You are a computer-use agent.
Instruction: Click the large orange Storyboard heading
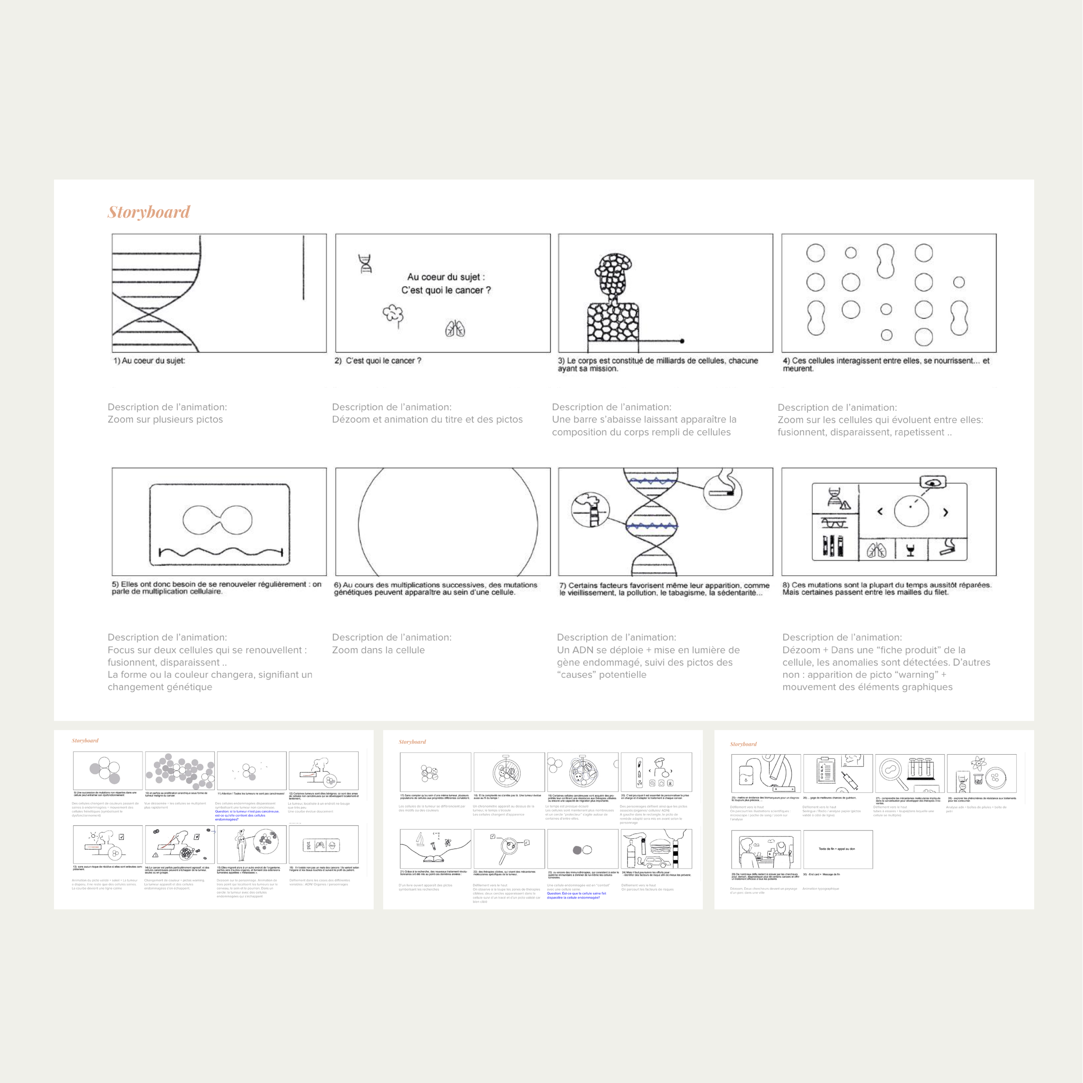[x=149, y=212]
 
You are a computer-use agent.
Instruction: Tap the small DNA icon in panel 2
[x=366, y=263]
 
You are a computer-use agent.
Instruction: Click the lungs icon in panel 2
[x=455, y=329]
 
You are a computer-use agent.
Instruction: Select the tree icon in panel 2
[x=393, y=315]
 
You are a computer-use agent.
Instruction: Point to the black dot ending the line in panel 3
[x=681, y=341]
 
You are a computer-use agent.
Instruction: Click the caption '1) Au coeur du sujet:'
[x=149, y=360]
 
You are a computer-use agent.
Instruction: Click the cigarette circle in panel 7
[x=723, y=491]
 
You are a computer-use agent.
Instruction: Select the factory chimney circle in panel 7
[x=590, y=509]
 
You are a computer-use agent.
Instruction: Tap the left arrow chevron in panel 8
[x=879, y=511]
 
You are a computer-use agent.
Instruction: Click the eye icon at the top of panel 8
[x=933, y=482]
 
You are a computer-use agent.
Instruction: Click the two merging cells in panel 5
[x=217, y=520]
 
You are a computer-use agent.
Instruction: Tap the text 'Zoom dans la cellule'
[x=378, y=650]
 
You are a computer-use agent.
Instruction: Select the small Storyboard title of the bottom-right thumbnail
[x=743, y=744]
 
